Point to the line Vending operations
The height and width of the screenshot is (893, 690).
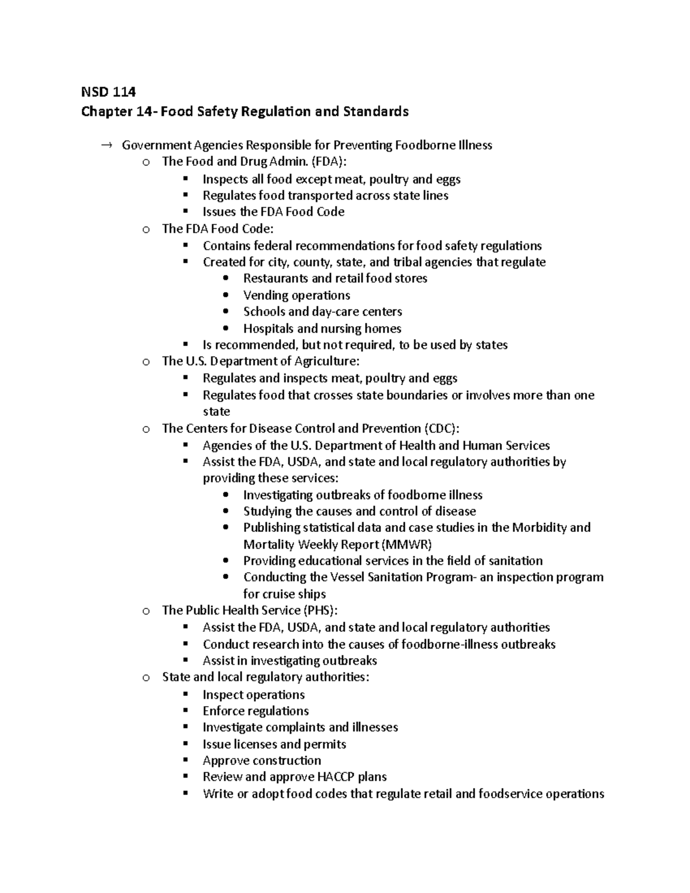(x=296, y=296)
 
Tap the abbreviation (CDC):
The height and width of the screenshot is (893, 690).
(x=442, y=428)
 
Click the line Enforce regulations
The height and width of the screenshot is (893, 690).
(x=255, y=711)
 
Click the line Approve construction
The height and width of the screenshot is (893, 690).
(x=262, y=761)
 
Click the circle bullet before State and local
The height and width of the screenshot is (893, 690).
(x=147, y=678)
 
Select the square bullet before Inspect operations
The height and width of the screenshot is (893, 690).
(x=185, y=694)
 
